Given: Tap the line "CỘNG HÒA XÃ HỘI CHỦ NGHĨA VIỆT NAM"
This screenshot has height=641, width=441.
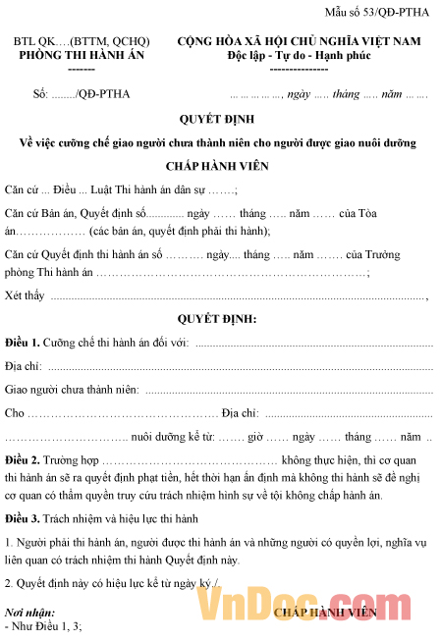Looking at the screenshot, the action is (299, 41).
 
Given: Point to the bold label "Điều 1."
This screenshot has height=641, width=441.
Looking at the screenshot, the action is (22, 343).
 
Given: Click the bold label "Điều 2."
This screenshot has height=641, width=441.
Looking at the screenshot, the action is (22, 459).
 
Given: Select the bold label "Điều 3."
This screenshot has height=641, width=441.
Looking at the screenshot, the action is (22, 517).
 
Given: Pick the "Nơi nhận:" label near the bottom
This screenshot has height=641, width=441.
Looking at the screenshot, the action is (28, 613).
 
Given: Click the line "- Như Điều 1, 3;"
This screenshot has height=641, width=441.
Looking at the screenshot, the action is (43, 625).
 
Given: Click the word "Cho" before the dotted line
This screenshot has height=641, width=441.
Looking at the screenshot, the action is (14, 413).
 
